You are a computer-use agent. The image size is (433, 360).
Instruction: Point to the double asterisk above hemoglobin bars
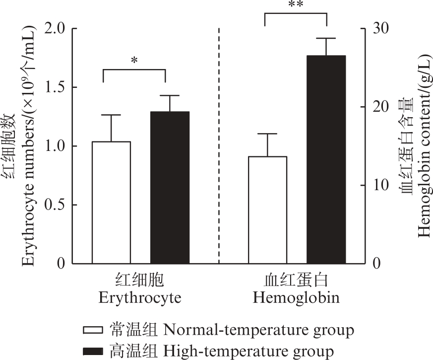[296, 5]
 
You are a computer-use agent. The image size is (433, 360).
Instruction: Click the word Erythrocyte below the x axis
[139, 298]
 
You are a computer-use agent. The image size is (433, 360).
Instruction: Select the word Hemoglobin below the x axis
[296, 298]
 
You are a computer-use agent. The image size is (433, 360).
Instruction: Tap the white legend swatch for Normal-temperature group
[92, 330]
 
